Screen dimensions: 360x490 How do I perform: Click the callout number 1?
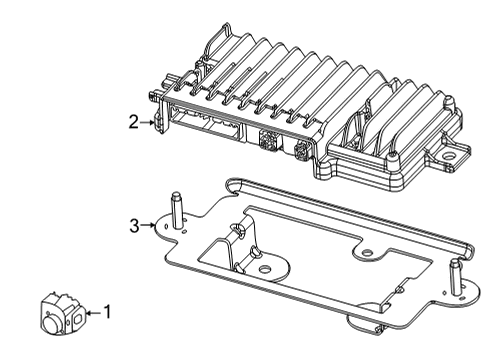tap(108, 312)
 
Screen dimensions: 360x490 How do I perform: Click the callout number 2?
tap(133, 123)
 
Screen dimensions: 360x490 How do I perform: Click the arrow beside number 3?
tap(151, 225)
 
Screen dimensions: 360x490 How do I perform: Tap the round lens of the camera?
tap(50, 322)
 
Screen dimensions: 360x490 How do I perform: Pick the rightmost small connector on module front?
tap(303, 152)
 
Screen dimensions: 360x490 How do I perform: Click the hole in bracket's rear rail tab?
tap(372, 253)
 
